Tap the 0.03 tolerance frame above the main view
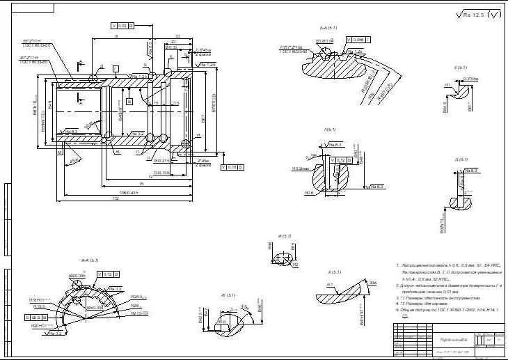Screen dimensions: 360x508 (122, 25)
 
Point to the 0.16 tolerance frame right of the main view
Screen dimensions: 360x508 (228, 167)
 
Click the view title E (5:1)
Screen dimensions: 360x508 (460, 68)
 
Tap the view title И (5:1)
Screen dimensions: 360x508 (285, 236)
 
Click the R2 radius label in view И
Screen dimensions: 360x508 (295, 265)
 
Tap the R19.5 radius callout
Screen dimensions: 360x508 (40, 306)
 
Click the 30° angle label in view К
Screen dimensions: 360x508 (373, 283)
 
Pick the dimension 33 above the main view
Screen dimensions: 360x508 (177, 36)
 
